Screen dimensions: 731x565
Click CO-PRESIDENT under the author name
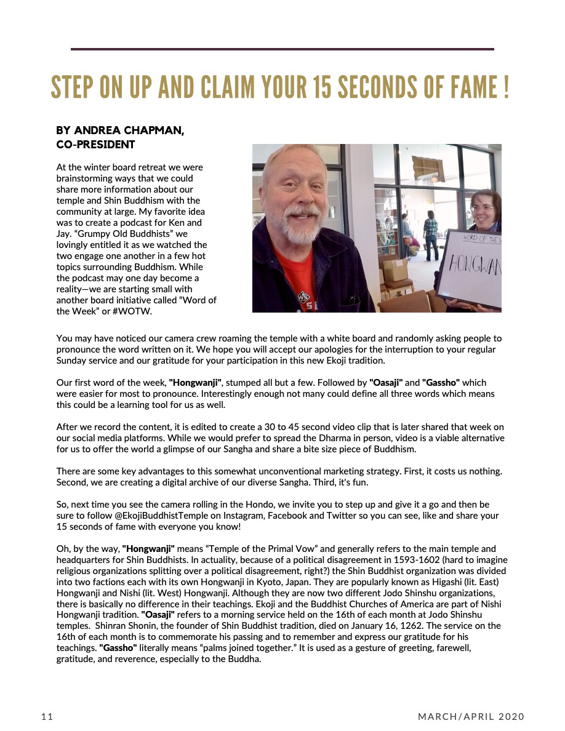pyautogui.click(x=95, y=145)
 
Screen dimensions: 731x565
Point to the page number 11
pyautogui.click(x=47, y=716)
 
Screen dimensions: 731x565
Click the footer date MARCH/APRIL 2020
pyautogui.click(x=471, y=716)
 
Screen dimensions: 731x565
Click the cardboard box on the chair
pyautogui.click(x=395, y=270)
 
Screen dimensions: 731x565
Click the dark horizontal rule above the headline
pyautogui.click(x=282, y=49)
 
